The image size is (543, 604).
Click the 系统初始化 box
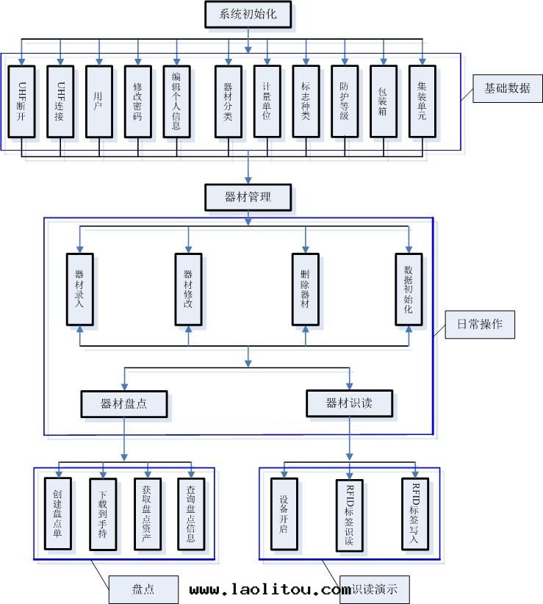pyautogui.click(x=248, y=13)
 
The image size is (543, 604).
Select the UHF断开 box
pyautogui.click(x=22, y=101)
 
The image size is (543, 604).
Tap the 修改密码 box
pyautogui.click(x=137, y=101)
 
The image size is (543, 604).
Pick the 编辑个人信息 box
pyautogui.click(x=176, y=101)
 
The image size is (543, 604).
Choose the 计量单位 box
pyautogui.click(x=267, y=101)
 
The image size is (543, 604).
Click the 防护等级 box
pyautogui.click(x=344, y=101)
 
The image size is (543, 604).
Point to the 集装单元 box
pyautogui.click(x=422, y=101)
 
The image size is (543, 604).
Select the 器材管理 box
pyautogui.click(x=248, y=196)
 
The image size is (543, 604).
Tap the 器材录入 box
pyautogui.click(x=79, y=289)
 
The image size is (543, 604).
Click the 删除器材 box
pyautogui.click(x=305, y=289)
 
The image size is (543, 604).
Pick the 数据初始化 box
pyautogui.click(x=409, y=289)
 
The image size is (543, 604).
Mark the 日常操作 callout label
pyautogui.click(x=480, y=324)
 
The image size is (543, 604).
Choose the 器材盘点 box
pyautogui.click(x=123, y=403)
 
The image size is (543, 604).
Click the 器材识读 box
pyautogui.click(x=349, y=403)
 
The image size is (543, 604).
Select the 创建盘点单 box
pyautogui.click(x=58, y=514)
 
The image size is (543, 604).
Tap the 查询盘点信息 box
pyautogui.click(x=191, y=514)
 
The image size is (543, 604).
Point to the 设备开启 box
pyautogui.click(x=284, y=514)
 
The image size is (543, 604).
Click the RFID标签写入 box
pyautogui.click(x=415, y=514)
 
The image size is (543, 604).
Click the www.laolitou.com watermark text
pyautogui.click(x=270, y=589)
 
